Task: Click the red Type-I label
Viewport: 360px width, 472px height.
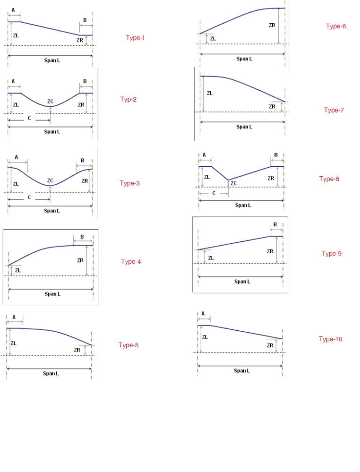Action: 135,38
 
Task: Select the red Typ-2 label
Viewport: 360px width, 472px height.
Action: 128,100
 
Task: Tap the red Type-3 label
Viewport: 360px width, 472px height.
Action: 129,183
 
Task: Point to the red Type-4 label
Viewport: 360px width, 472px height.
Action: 131,262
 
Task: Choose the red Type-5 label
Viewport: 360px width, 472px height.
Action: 129,345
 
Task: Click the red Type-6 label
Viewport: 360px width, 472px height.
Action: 336,26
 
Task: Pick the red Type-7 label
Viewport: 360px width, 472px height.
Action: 334,111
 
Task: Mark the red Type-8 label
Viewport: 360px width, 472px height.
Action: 329,179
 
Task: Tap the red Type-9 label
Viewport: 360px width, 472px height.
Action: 331,254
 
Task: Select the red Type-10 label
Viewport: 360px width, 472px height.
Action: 330,339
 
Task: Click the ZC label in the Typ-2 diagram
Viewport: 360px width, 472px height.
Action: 51,102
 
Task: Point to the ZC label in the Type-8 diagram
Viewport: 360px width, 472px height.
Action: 233,183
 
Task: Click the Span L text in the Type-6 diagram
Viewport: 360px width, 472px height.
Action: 244,59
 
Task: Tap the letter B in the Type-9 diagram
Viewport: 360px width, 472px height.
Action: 275,224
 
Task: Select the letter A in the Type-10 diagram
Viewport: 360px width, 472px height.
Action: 203,313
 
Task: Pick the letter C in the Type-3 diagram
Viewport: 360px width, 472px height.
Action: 29,198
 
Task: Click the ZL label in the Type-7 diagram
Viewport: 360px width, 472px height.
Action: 210,94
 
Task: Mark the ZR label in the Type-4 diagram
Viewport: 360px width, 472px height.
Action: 80,260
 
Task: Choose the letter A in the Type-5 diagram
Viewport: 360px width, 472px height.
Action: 14,317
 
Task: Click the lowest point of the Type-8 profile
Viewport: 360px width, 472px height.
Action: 228,180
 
